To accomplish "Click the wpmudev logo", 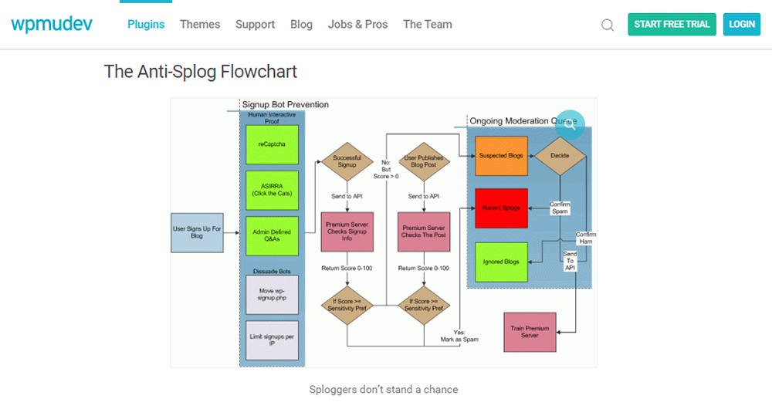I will tap(52, 24).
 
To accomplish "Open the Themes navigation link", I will tap(200, 24).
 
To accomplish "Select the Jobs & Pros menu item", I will tap(357, 24).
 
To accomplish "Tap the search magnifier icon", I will tap(608, 25).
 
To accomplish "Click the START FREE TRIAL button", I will tap(672, 24).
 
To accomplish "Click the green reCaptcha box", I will tap(272, 144).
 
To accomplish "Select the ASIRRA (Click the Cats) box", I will tap(272, 190).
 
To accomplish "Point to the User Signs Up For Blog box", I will tap(196, 232).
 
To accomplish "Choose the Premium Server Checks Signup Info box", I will tap(347, 233).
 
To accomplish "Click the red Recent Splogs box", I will tap(501, 208).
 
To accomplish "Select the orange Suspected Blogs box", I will tap(501, 156).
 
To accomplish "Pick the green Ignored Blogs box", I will tap(501, 262).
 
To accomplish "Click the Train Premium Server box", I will tap(530, 332).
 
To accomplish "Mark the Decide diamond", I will tap(560, 156).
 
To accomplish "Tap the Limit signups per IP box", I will tap(272, 340).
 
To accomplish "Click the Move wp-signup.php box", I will tap(272, 294).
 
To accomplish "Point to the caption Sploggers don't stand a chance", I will tap(384, 390).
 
